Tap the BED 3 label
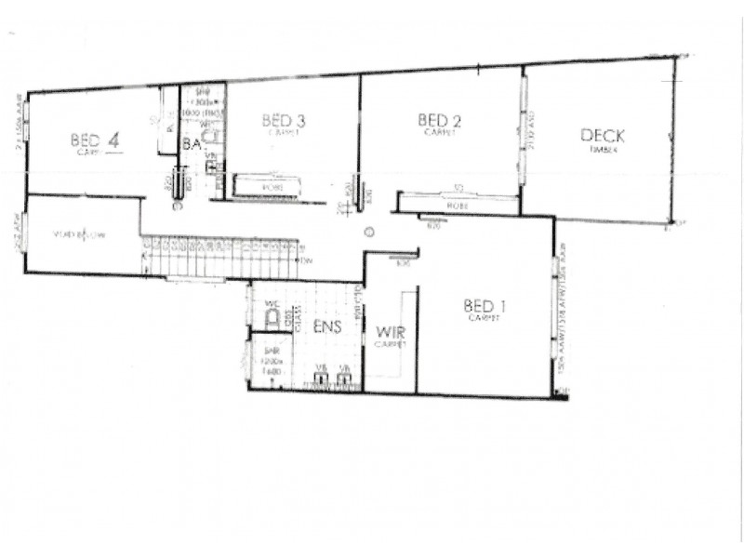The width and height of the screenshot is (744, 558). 284,120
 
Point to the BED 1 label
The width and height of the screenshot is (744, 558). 485,306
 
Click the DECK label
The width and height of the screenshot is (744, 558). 603,136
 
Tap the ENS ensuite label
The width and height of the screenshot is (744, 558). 327,328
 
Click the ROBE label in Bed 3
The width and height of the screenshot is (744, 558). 271,187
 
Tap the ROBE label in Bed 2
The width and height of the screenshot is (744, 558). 456,206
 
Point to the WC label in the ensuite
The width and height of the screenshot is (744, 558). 272,304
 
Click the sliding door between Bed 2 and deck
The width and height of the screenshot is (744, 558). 523,130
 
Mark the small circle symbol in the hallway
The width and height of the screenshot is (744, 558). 369,232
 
